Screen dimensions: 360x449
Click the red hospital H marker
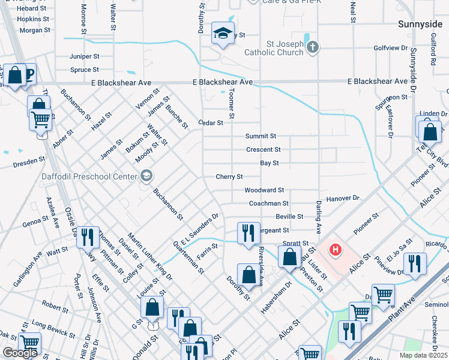336,248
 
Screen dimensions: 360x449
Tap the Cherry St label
229,177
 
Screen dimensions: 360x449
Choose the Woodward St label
264,190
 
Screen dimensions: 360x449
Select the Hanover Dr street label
342,198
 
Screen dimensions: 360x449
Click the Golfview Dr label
391,47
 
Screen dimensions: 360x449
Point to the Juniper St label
85,56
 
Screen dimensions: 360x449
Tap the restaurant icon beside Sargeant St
249,233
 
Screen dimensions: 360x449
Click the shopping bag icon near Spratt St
289,257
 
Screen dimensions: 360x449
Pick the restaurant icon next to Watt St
88,237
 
